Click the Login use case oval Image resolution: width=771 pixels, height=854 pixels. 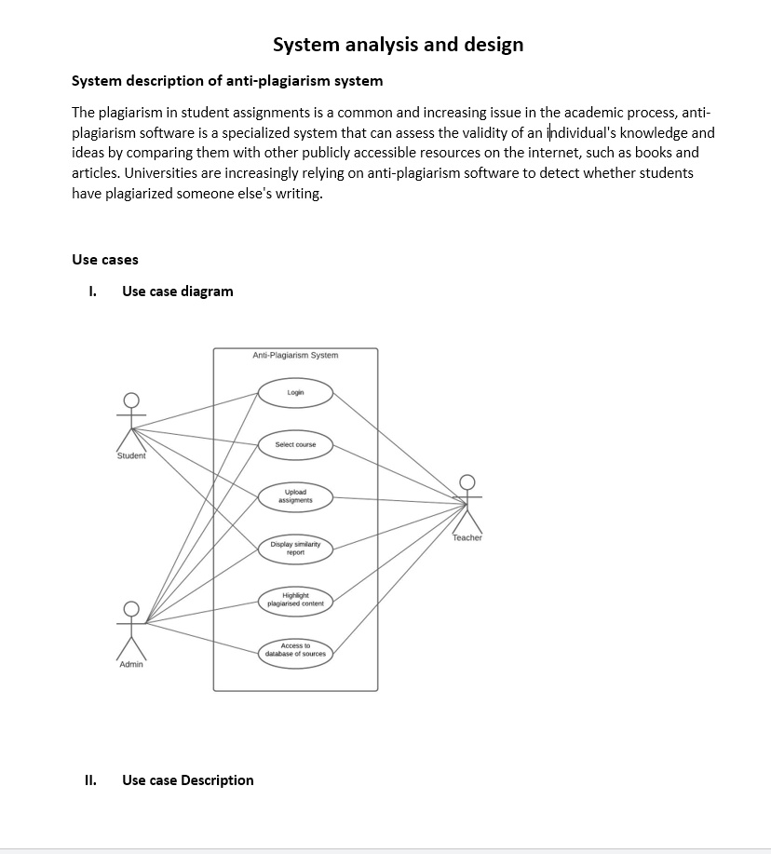(295, 393)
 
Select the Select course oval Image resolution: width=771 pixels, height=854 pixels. (295, 445)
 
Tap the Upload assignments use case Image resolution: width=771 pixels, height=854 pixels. (295, 496)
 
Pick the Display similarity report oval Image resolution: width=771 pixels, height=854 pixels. (295, 549)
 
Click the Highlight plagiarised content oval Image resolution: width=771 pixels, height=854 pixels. (295, 600)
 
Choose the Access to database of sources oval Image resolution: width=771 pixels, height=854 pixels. (295, 650)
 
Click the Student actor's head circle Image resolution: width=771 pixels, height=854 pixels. (131, 400)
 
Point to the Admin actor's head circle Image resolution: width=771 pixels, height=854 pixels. (131, 609)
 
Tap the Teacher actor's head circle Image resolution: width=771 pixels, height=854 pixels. (467, 481)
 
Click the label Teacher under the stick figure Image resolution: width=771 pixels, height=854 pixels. (467, 538)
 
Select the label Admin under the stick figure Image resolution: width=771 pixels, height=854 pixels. (131, 665)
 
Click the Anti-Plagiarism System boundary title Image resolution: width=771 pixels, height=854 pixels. (295, 356)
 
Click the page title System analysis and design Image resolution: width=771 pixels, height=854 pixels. (398, 45)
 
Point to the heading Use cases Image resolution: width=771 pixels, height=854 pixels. (105, 260)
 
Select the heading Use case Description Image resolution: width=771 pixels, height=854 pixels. (187, 780)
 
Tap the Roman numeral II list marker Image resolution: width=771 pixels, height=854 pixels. (90, 780)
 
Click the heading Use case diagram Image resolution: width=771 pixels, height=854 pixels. (177, 291)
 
